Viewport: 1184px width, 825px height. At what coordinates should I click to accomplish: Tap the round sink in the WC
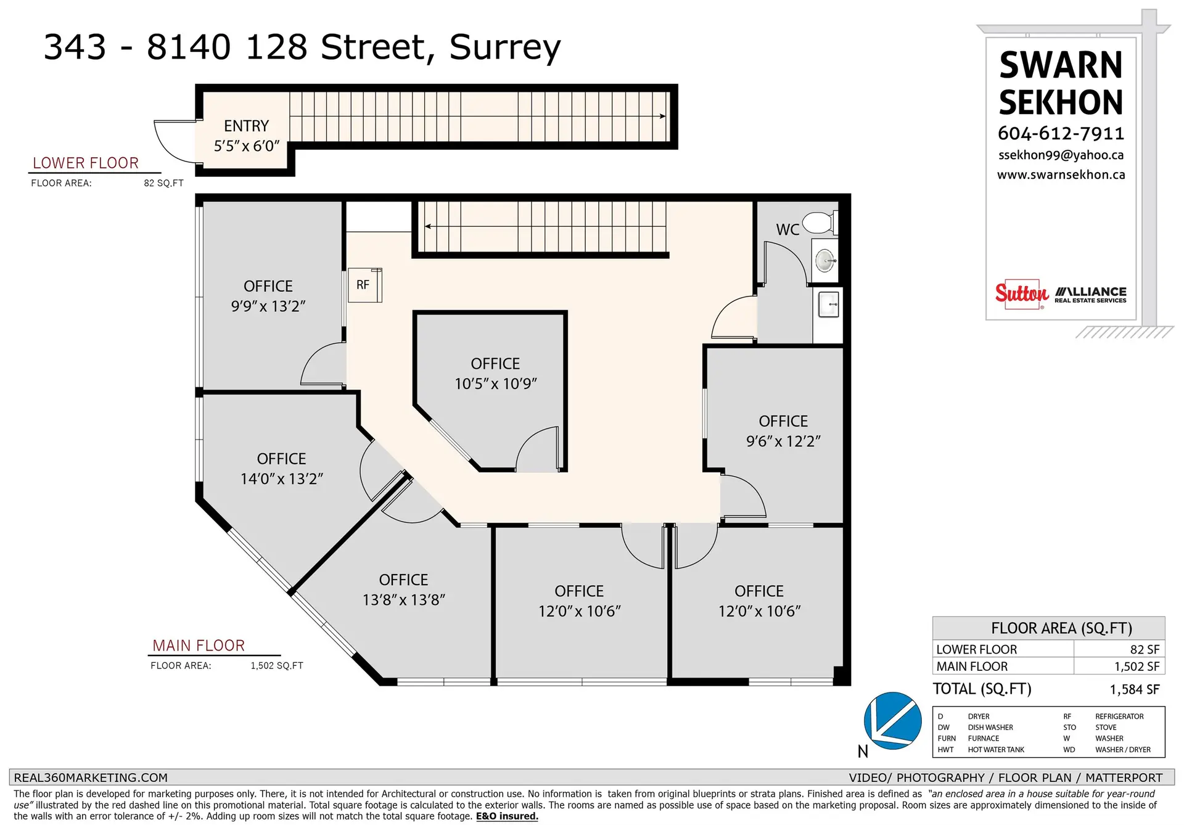pos(825,260)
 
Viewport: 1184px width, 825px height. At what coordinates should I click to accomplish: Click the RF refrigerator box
pos(364,285)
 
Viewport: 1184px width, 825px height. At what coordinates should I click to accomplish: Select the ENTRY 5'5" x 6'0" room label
pos(246,136)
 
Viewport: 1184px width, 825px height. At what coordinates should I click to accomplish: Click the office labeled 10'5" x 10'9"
pos(495,374)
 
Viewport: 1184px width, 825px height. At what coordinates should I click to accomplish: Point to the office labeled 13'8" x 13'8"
pos(403,589)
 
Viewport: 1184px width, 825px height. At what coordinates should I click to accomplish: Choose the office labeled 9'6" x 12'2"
pos(783,431)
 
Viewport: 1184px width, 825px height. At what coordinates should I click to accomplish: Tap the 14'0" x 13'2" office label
pos(281,469)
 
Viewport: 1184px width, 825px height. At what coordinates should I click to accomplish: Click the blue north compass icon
pos(892,720)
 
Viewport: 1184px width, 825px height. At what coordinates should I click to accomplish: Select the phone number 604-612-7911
pos(1061,133)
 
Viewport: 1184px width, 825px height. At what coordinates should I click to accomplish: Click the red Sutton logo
pos(1021,293)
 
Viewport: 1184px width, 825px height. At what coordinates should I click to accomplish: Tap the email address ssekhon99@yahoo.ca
pos(1061,155)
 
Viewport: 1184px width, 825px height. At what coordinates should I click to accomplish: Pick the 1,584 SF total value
pos(1134,689)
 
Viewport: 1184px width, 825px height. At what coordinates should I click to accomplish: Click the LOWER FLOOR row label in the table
pos(976,649)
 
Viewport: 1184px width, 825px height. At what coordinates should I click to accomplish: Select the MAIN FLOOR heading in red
pos(199,646)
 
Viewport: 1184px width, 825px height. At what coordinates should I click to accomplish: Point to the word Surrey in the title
pos(504,47)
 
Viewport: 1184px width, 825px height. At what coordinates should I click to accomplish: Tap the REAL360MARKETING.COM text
pos(91,778)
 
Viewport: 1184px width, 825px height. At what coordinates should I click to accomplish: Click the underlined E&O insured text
pos(506,816)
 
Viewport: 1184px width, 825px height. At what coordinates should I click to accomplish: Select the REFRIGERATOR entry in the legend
pos(1119,716)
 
